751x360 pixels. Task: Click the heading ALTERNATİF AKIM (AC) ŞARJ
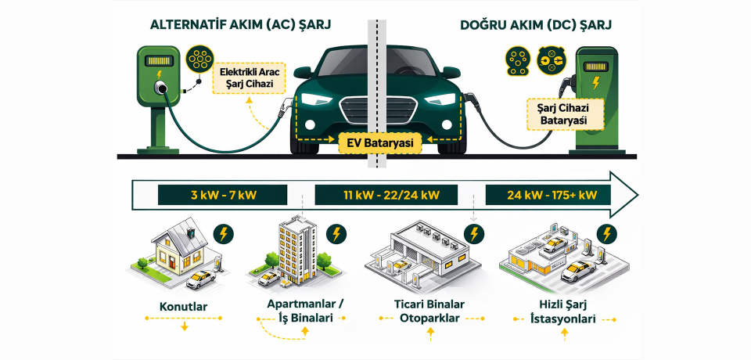pos(240,24)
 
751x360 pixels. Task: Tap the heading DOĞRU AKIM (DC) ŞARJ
pos(537,24)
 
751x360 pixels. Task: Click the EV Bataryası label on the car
pos(379,142)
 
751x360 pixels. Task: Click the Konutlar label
pos(185,307)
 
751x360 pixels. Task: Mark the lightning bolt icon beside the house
pos(222,233)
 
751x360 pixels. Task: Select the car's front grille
pos(379,110)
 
